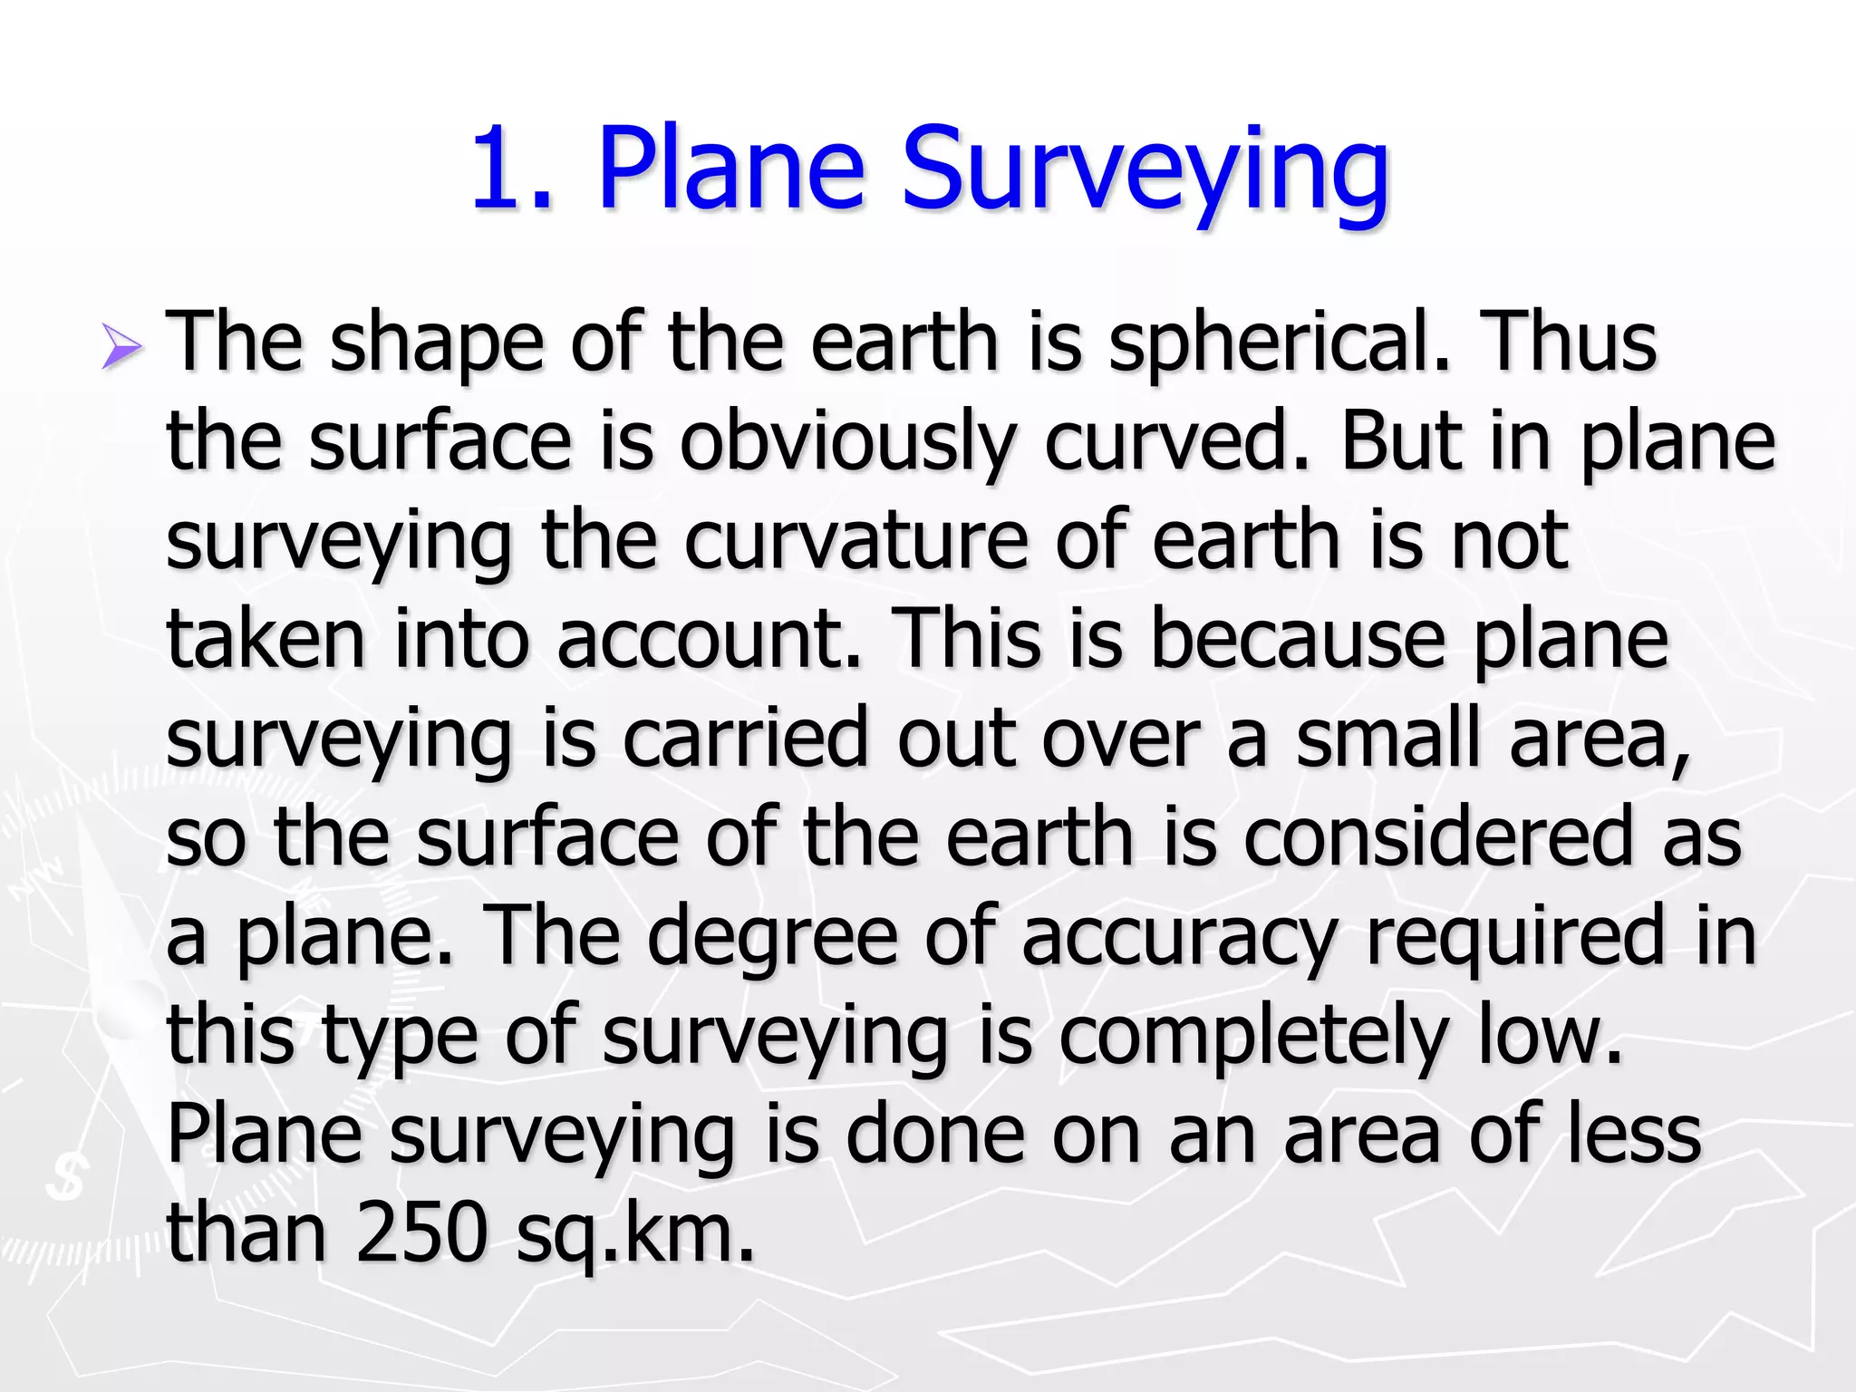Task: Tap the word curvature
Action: tap(855, 540)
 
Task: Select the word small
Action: tap(1387, 738)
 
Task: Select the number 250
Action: tap(422, 1232)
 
